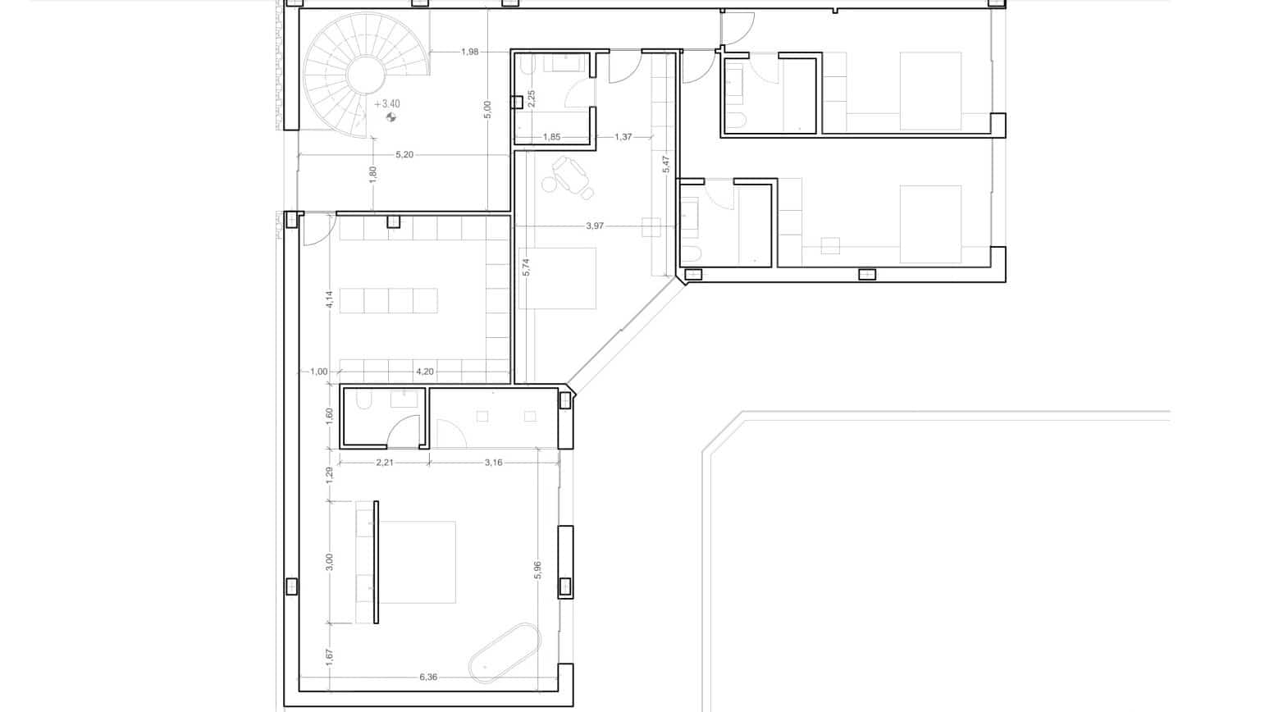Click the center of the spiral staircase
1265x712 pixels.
[365, 76]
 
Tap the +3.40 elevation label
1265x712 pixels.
[387, 104]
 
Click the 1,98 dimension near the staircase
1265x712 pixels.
[469, 52]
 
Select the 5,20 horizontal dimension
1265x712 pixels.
[404, 154]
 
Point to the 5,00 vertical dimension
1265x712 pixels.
[487, 110]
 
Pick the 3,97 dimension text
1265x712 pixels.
[595, 226]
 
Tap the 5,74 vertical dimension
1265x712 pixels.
[526, 267]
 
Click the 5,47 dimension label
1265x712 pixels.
[666, 165]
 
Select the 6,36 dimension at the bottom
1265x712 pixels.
[428, 677]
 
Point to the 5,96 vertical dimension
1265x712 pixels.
[537, 570]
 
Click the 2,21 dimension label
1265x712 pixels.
[385, 463]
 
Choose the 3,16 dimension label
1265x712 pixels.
[493, 463]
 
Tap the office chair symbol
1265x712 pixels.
[571, 176]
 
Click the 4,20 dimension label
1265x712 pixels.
[424, 372]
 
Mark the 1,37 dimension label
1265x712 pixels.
[623, 137]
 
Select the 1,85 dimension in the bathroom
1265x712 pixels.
[551, 137]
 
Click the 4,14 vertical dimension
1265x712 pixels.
[329, 300]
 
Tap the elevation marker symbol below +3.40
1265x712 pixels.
[391, 118]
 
